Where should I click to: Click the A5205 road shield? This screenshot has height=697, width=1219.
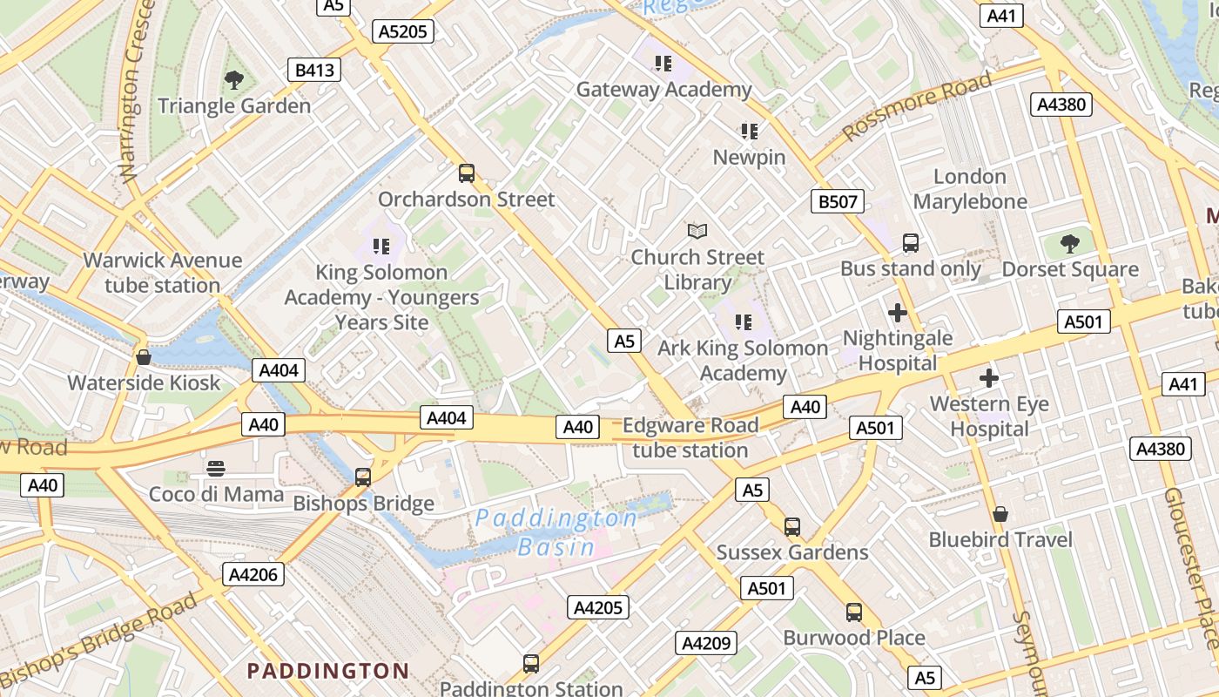403,31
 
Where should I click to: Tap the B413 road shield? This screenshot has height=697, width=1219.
314,70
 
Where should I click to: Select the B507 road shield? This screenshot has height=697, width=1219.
838,202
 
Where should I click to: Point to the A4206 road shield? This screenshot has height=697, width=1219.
253,574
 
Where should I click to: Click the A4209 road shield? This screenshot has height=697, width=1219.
706,644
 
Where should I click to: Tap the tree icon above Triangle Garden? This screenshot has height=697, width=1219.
233,81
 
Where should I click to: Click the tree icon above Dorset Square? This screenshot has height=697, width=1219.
1069,244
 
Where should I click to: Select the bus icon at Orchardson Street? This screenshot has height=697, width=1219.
467,173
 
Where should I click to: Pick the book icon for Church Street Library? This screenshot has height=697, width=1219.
697,231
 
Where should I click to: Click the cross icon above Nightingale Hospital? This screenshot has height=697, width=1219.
898,313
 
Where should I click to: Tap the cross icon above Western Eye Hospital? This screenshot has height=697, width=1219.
988,378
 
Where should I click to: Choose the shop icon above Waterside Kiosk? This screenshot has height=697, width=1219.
144,357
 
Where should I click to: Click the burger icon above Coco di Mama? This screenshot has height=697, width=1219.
216,469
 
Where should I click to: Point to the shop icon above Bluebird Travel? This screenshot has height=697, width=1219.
1000,514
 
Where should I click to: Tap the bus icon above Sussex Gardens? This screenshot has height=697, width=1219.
791,526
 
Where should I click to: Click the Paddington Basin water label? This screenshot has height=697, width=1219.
556,532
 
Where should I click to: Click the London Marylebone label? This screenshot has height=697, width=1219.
969,189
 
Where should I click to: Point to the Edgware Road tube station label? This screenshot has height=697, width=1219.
690,437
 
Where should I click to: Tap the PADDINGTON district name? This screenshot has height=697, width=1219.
327,671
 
